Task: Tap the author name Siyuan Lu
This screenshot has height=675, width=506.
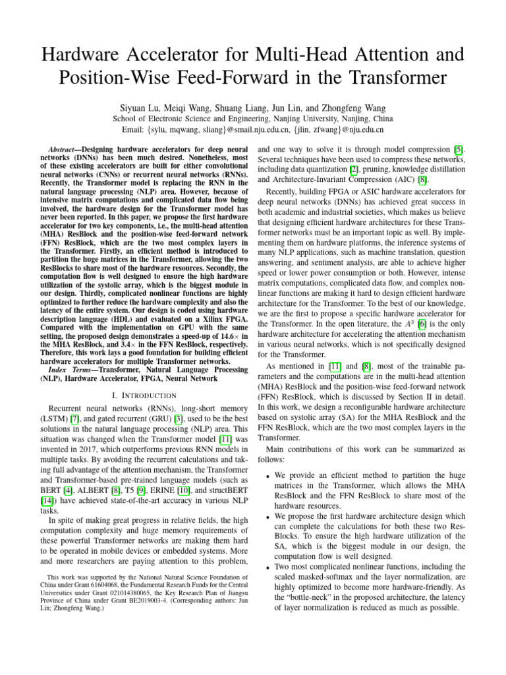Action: [140, 107]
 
